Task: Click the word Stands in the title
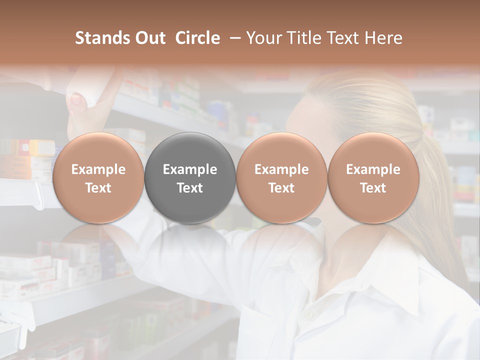[x=102, y=38]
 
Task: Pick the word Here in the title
[x=383, y=38]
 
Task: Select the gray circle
[x=190, y=177]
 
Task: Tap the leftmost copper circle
[x=98, y=177]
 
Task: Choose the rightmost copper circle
[x=373, y=177]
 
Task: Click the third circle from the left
[x=281, y=177]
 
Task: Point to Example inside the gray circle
[x=190, y=169]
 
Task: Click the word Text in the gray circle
[x=190, y=188]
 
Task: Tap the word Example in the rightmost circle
[x=373, y=169]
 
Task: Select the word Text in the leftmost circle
[x=98, y=188]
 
